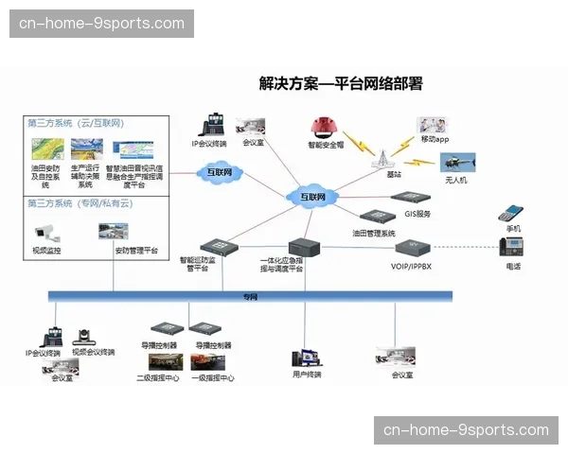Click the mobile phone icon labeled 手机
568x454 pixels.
511,213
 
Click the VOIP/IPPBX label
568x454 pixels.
411,267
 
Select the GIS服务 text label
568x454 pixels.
417,214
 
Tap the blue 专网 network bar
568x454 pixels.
250,296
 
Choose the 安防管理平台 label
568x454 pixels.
136,251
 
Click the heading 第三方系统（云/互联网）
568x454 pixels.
76,124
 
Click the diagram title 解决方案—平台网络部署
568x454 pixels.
340,83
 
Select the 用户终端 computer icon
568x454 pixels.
306,358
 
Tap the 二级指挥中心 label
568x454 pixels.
158,378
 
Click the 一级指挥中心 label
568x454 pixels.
212,378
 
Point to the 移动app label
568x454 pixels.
435,139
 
